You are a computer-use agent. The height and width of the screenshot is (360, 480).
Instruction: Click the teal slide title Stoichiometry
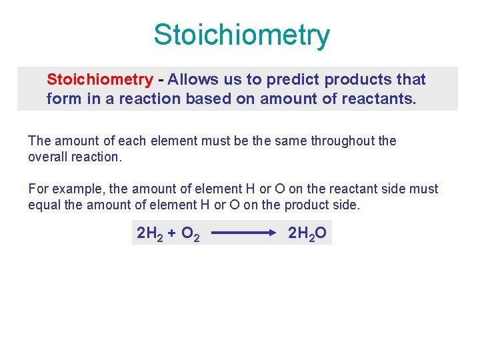click(241, 35)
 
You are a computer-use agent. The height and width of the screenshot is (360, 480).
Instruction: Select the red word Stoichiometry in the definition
click(99, 80)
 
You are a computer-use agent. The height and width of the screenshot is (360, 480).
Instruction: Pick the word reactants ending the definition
click(383, 100)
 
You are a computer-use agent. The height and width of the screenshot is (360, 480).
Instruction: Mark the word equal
click(44, 205)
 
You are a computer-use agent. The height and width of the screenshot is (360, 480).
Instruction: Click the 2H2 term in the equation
click(149, 234)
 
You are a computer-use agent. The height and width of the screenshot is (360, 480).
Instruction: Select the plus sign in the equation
click(171, 233)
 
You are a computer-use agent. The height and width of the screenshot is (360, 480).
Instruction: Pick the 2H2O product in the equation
click(307, 234)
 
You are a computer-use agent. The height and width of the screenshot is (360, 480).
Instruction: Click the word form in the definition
click(61, 100)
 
